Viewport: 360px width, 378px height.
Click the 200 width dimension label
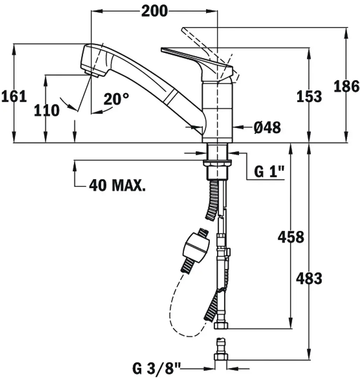[154, 11]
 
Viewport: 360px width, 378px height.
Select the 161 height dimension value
[14, 96]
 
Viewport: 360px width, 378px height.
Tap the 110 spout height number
[47, 111]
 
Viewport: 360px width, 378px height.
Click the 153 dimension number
[309, 96]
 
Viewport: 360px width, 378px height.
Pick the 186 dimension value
[346, 86]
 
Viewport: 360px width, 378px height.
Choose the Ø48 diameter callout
[267, 128]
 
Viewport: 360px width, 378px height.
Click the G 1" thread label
[269, 172]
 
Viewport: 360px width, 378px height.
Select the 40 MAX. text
[117, 185]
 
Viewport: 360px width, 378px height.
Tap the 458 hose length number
[291, 237]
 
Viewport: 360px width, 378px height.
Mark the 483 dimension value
[309, 279]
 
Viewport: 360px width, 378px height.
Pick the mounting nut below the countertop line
[218, 162]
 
